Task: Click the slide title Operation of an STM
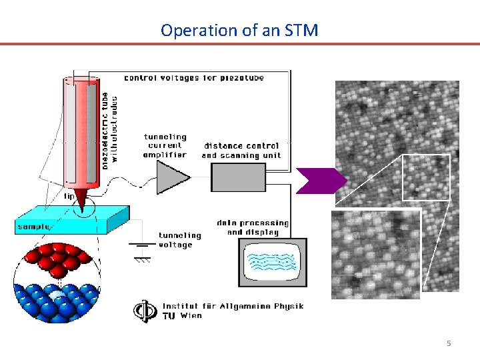pos(239,30)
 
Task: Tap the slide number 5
pos(449,343)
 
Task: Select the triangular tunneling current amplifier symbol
pos(171,177)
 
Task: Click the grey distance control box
pos(238,177)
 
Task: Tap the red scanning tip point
pos(81,200)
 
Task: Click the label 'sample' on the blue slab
pos(33,227)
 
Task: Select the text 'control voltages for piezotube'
pos(194,78)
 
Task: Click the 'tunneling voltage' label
pos(179,240)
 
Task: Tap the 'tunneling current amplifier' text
pos(165,146)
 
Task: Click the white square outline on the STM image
pos(427,177)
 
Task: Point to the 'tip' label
pos(69,197)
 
